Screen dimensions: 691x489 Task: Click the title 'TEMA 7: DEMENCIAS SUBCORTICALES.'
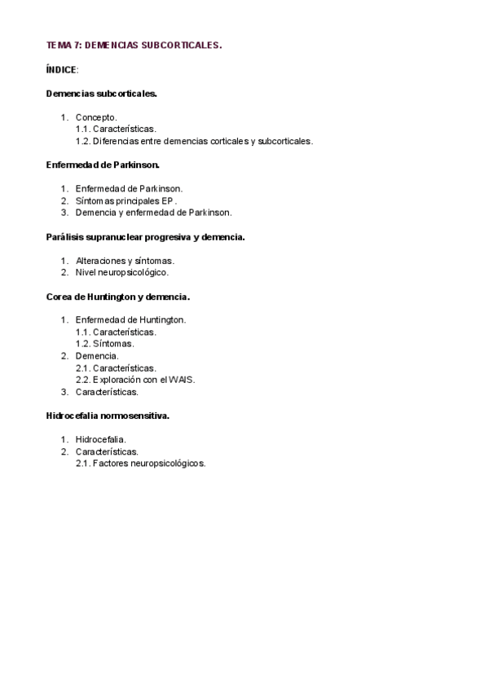[134, 46]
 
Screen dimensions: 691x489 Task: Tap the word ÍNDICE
[61, 70]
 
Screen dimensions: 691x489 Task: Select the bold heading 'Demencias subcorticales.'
[101, 94]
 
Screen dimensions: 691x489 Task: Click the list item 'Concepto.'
[96, 117]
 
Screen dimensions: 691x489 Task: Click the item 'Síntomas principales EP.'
[126, 200]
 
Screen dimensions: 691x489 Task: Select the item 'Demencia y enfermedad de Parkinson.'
[153, 212]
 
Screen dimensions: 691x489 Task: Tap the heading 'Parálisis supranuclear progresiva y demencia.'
[145, 236]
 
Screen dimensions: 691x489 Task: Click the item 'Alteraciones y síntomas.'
[125, 261]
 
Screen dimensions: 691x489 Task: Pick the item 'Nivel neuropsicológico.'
[121, 272]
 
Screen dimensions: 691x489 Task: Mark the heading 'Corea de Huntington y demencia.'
[118, 297]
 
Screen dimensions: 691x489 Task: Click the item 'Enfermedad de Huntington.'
[130, 320]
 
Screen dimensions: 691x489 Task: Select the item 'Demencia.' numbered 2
[97, 355]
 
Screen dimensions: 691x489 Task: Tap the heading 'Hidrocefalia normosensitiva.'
[108, 416]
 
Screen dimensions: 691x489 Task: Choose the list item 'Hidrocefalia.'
[100, 439]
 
